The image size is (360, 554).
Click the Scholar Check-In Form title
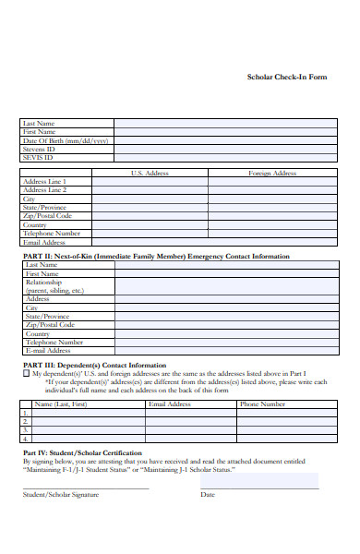286,77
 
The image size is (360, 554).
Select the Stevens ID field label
40,149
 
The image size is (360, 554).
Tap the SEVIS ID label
38,157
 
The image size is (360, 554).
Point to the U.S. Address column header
150,173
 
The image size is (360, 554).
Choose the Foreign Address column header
272,173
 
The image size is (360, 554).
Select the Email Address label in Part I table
44,242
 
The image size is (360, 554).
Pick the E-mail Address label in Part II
48,351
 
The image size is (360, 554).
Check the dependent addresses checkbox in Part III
26,374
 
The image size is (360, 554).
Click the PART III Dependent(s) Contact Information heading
94,365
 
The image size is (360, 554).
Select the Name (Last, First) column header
60,403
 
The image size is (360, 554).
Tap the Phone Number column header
262,403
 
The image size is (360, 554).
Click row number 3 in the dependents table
26,429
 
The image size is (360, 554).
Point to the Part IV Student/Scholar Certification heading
82,452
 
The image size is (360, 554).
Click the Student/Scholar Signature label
61,494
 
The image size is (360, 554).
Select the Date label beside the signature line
208,494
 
